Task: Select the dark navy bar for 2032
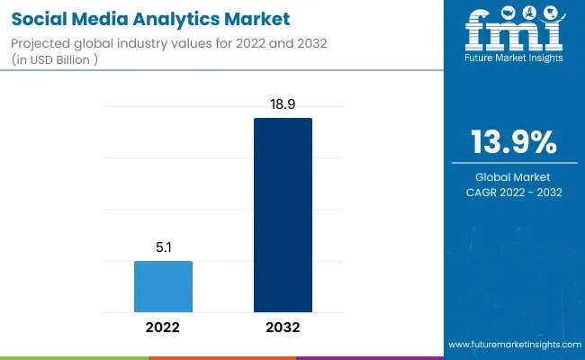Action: [x=283, y=217]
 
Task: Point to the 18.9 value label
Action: [x=283, y=104]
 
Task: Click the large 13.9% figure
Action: [x=514, y=143]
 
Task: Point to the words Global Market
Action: [x=514, y=176]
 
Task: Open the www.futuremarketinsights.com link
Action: [x=512, y=345]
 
